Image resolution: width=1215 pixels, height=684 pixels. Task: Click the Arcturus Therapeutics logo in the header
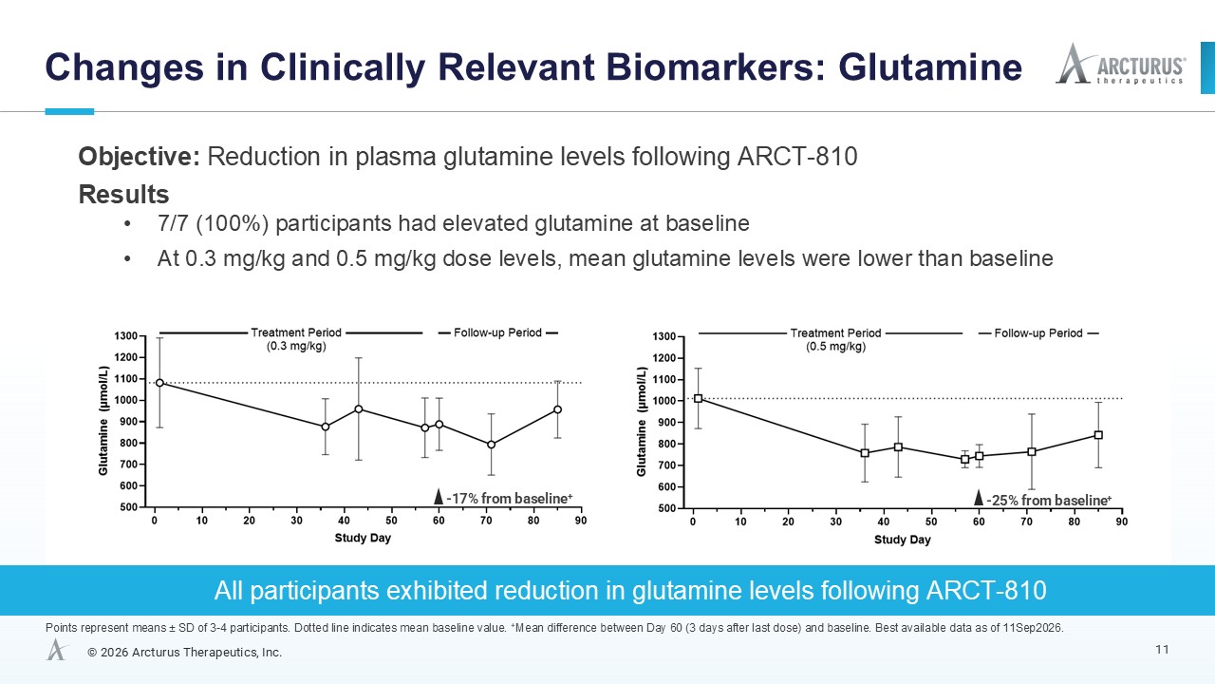tap(1121, 64)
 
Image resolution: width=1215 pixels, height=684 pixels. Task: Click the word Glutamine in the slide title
tap(930, 67)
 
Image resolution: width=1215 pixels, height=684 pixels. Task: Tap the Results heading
tap(123, 194)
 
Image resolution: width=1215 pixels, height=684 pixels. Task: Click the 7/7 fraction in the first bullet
tap(173, 223)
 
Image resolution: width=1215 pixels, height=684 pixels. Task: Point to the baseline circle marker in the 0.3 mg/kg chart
tap(159, 383)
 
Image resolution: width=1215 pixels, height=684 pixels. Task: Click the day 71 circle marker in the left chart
tap(491, 445)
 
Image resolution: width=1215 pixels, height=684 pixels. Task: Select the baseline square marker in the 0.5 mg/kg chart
tap(698, 398)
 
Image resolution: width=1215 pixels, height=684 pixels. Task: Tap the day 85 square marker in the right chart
tap(1098, 435)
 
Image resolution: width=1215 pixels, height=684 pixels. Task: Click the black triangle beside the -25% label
tap(979, 497)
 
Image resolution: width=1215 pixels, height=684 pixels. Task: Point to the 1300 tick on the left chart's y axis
tap(126, 336)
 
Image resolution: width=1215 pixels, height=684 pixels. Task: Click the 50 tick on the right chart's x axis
tap(931, 522)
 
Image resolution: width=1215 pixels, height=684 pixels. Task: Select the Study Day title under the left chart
tap(363, 538)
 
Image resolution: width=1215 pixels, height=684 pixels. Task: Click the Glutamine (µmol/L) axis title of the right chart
tap(642, 422)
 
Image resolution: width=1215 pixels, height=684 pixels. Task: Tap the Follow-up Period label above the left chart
tap(497, 332)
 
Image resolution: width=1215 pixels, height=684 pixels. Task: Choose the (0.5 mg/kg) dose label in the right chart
tap(835, 347)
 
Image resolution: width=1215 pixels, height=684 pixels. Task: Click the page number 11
tap(1162, 650)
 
